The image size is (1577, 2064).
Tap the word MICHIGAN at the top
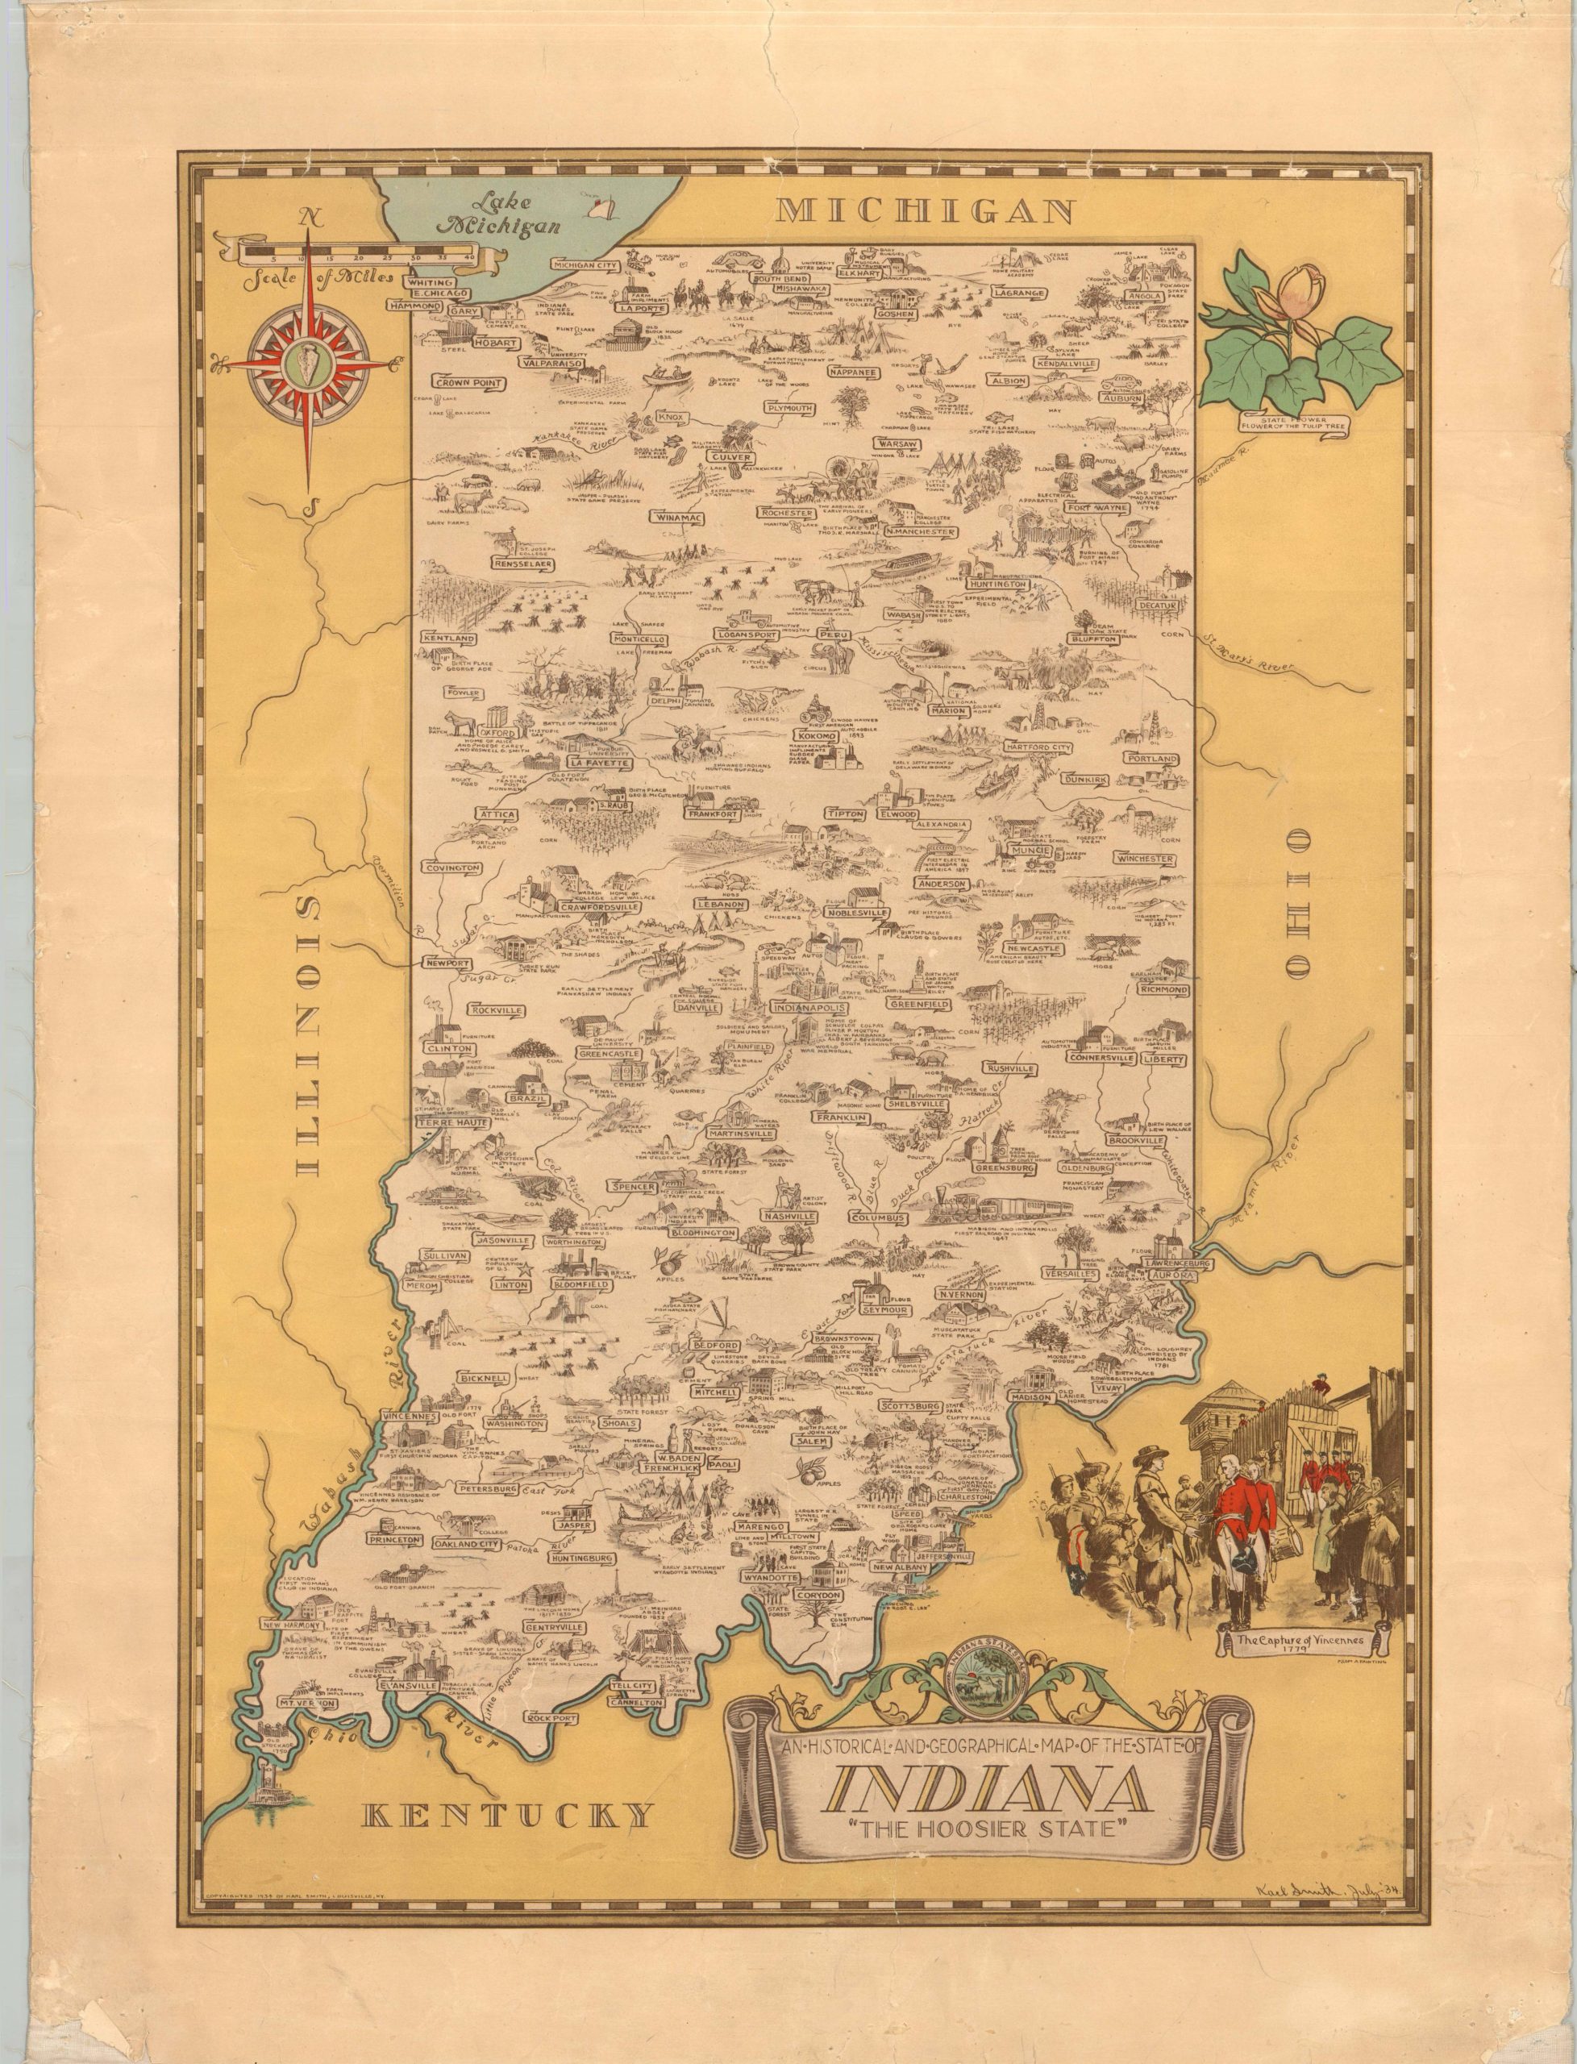[926, 210]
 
